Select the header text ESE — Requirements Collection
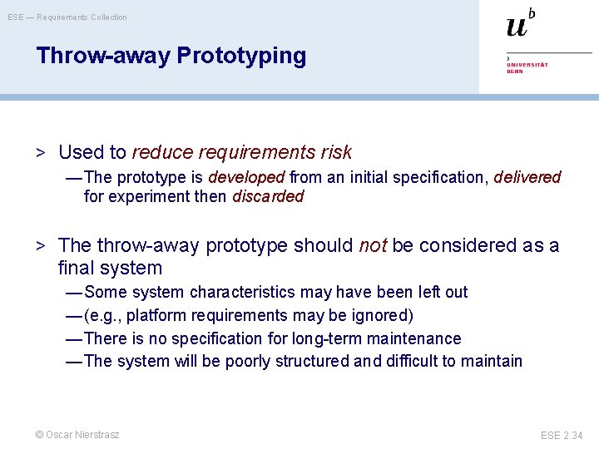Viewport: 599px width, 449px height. point(68,17)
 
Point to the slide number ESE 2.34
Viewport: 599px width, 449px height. point(562,435)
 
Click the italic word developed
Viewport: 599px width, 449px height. point(246,177)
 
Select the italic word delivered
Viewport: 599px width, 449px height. point(527,177)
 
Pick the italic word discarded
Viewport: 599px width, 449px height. point(268,197)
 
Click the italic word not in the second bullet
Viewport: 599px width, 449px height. point(373,245)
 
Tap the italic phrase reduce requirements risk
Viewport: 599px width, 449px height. point(241,152)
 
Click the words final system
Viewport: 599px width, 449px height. point(110,269)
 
